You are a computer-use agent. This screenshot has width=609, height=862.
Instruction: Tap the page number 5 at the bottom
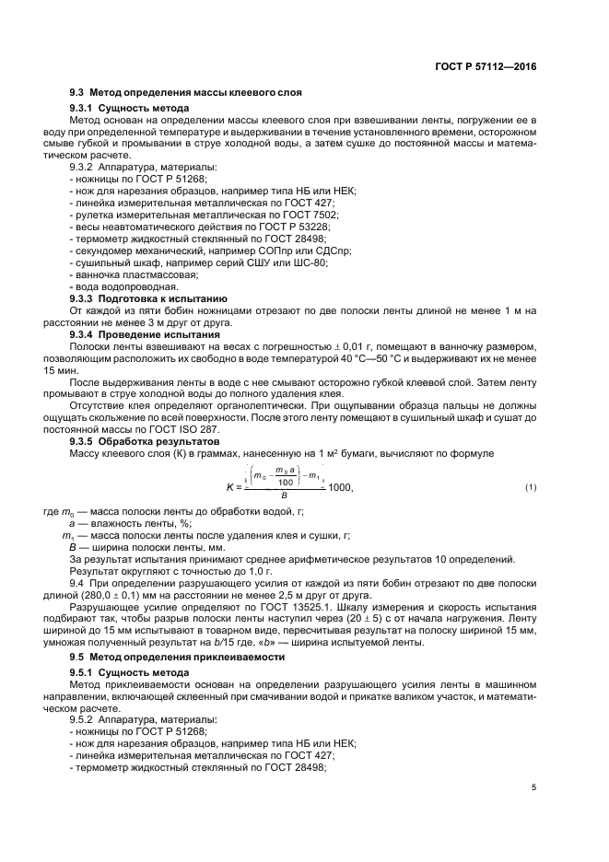(x=533, y=786)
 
